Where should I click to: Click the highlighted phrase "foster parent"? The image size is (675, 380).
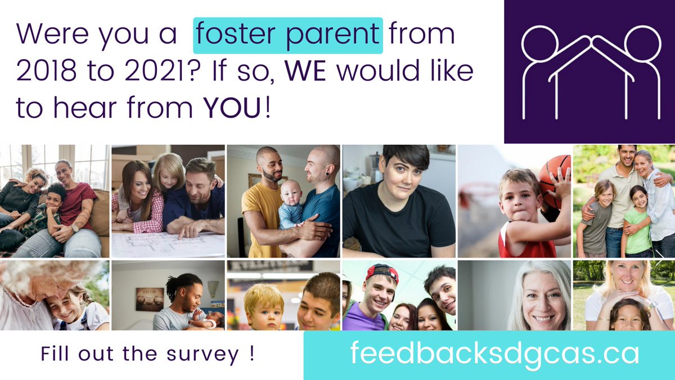288,35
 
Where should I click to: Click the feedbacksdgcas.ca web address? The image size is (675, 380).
494,354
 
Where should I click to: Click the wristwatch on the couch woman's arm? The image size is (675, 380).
75,227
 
